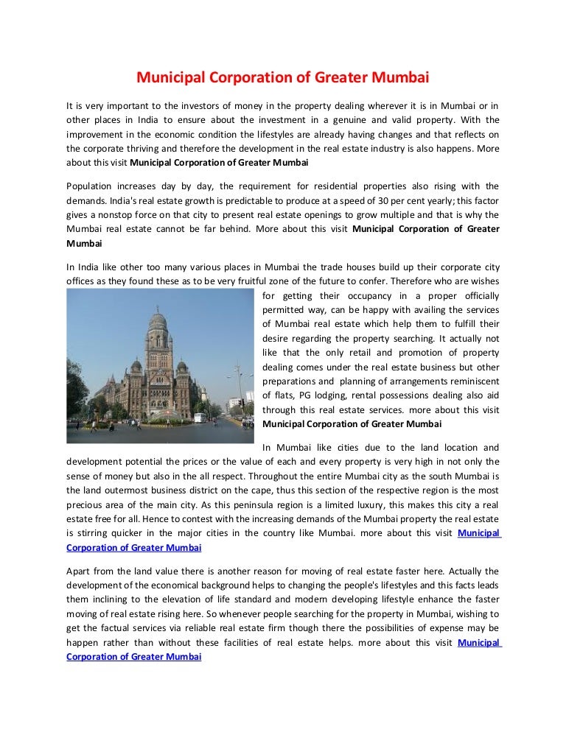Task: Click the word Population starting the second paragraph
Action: click(91, 186)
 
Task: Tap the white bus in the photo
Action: click(198, 418)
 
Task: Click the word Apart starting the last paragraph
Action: click(80, 571)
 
